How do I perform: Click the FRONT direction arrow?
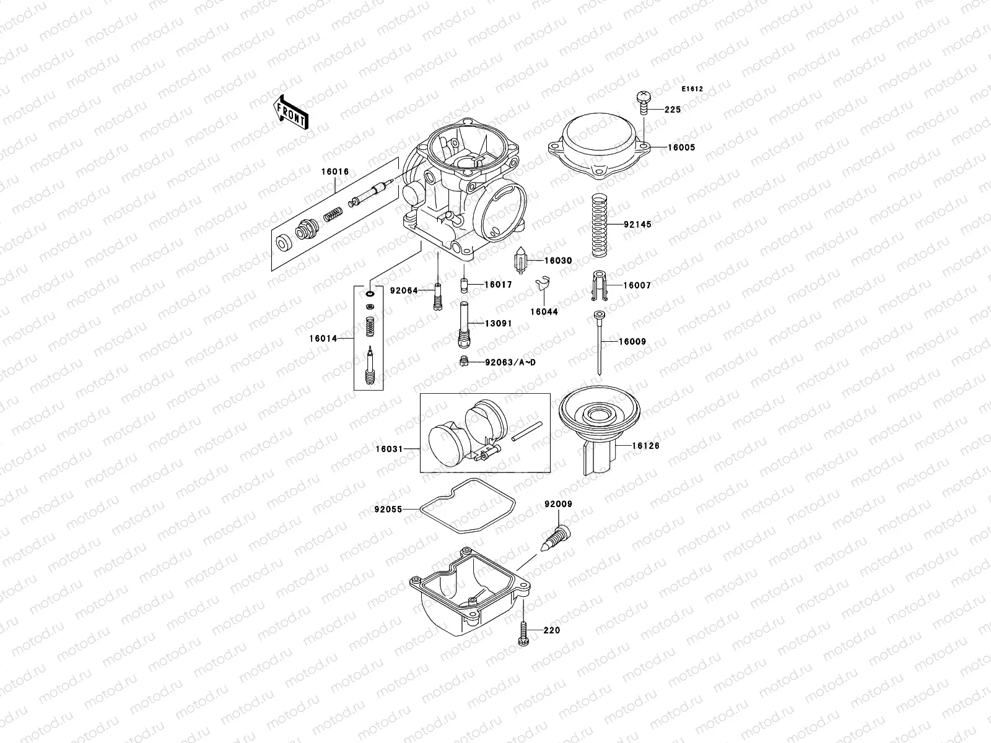coord(291,112)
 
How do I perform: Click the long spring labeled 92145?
coord(599,225)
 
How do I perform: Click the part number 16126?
coord(646,446)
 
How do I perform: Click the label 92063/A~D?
coord(510,362)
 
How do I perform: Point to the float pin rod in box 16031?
coord(526,432)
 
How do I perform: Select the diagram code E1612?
coord(692,89)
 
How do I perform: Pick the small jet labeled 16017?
coord(463,286)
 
